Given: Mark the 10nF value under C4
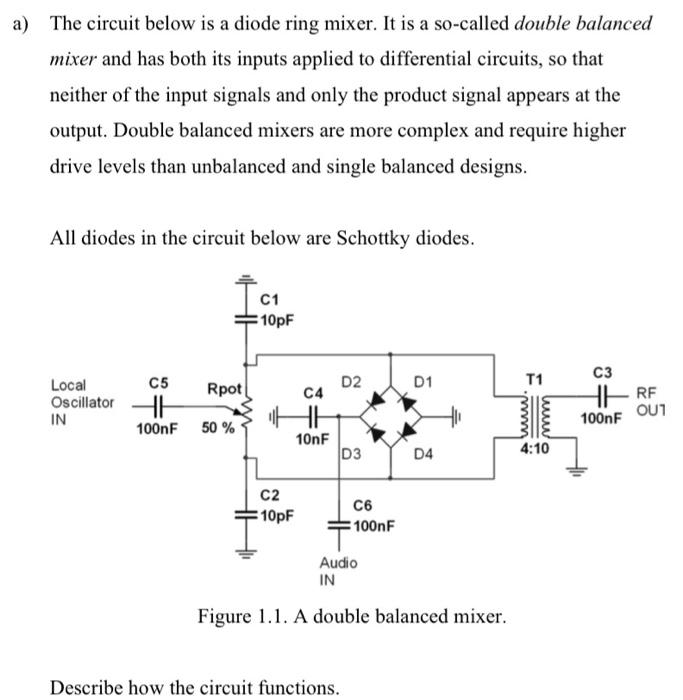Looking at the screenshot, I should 312,438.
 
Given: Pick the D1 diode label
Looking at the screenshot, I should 423,381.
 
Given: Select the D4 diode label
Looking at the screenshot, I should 424,457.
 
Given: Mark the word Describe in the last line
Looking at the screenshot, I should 87,687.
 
